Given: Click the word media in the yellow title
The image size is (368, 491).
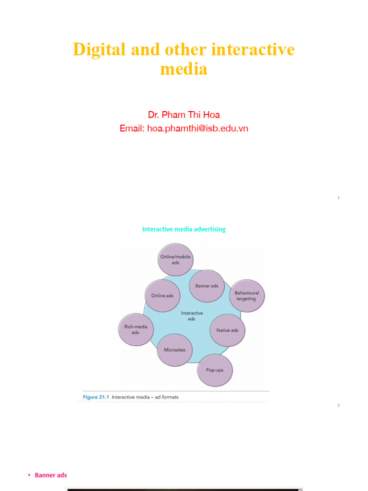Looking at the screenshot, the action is [x=184, y=69].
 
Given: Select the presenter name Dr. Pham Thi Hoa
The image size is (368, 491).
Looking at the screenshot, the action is [x=184, y=115].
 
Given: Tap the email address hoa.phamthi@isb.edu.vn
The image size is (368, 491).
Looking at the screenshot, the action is [x=197, y=128].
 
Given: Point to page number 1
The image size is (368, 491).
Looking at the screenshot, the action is [x=338, y=198].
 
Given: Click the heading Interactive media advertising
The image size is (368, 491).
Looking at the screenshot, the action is [x=184, y=229].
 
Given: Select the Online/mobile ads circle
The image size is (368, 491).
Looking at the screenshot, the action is [x=175, y=259].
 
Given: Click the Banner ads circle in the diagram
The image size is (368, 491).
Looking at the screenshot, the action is [x=207, y=286].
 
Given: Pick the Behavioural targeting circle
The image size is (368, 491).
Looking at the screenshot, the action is [x=246, y=296].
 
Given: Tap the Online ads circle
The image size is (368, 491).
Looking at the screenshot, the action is [x=162, y=296].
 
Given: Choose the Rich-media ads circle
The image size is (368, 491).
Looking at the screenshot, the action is [x=136, y=329].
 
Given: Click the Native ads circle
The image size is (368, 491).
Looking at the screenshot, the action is [x=227, y=330].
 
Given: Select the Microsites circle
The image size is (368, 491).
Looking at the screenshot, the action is [x=174, y=350].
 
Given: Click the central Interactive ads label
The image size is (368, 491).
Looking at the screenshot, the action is [x=192, y=316].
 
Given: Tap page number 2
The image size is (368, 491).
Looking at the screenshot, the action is [x=338, y=405].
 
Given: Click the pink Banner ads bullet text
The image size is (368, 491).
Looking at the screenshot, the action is [x=51, y=475].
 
